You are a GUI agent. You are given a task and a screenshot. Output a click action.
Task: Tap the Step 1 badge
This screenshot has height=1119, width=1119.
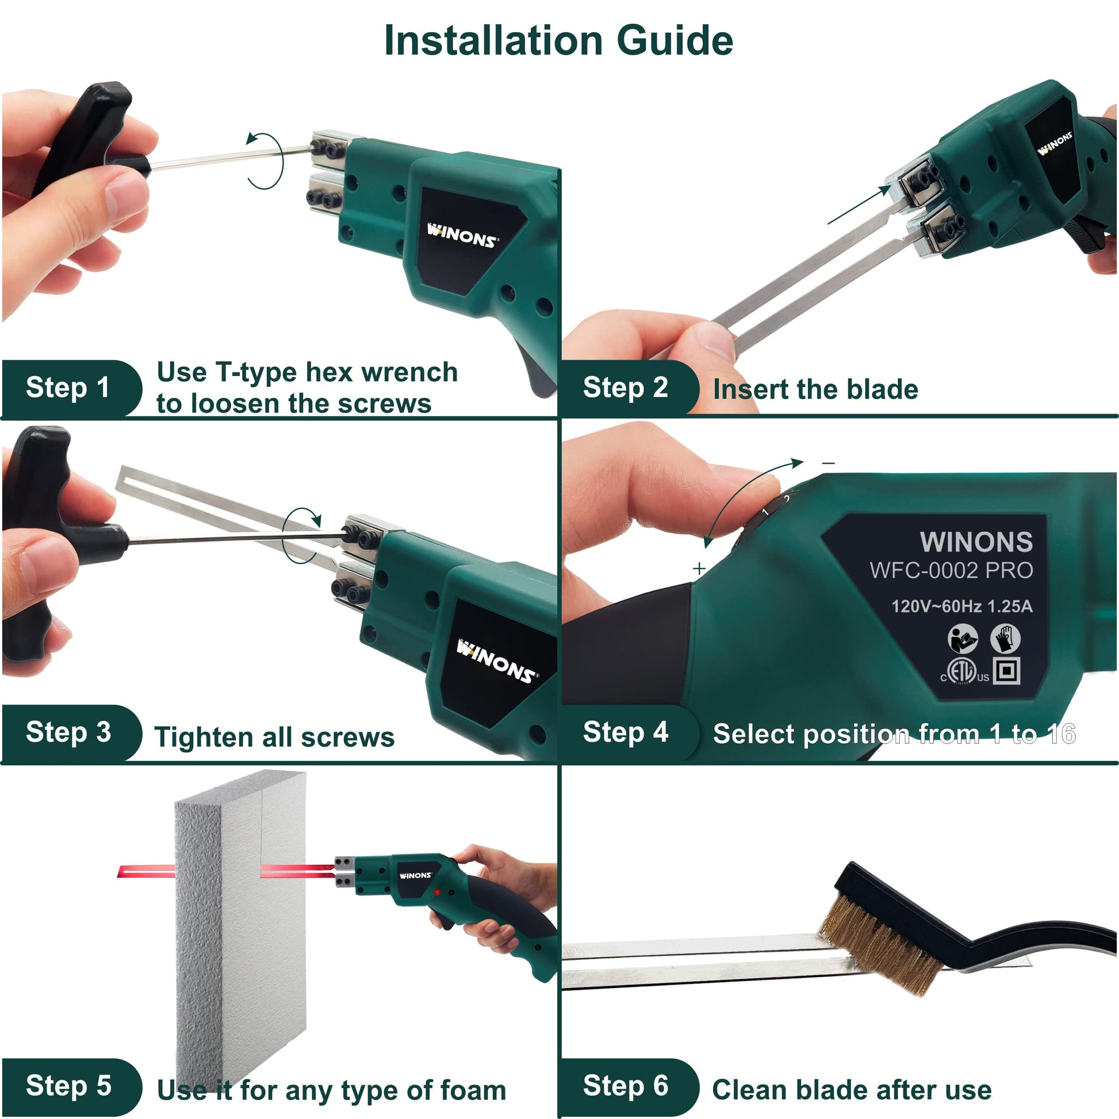71,388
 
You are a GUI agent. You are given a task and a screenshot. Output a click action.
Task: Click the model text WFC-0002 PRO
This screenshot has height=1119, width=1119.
951,570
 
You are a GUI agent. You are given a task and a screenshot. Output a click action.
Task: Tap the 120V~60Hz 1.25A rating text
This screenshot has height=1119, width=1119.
961,607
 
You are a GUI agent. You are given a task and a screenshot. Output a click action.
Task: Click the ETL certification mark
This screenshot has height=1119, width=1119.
964,672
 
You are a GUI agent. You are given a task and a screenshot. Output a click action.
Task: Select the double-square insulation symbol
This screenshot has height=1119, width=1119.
1007,670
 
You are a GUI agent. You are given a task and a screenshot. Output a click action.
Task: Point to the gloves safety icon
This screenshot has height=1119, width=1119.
1006,638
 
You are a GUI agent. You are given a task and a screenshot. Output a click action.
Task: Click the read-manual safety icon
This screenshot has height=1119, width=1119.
963,638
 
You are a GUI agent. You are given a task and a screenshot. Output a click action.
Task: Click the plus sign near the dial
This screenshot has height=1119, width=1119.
699,569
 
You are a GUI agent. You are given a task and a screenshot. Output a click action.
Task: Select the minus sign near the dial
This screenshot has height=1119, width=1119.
829,463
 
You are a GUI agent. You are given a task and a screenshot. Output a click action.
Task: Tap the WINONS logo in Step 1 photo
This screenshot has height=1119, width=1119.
462,236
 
